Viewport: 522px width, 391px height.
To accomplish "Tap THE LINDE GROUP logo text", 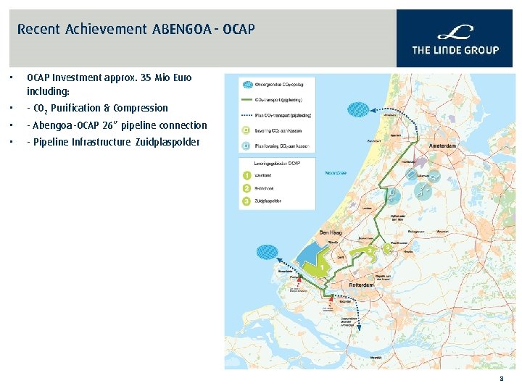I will click(x=455, y=50).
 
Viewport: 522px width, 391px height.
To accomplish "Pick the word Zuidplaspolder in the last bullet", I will click(x=167, y=142).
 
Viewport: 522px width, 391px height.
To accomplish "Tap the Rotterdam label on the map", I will click(x=362, y=285).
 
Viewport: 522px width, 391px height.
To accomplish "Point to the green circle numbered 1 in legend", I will click(x=248, y=175).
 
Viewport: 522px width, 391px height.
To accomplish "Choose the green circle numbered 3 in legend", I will click(x=248, y=201).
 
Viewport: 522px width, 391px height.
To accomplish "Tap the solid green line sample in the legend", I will click(x=247, y=100).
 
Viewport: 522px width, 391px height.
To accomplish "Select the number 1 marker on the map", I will click(x=321, y=267).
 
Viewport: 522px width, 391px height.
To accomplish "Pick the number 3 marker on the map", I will click(x=388, y=248).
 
